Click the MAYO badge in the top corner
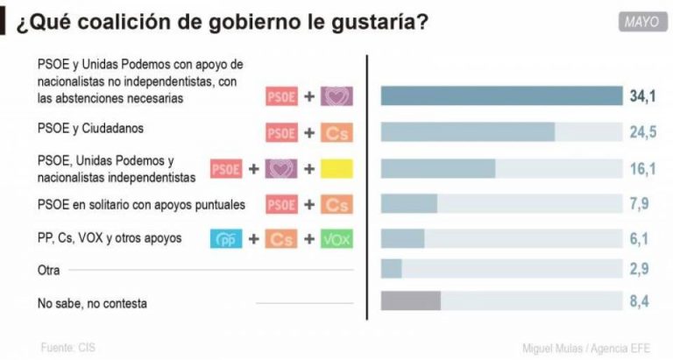tap(641, 22)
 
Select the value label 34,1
tap(642, 95)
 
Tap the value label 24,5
tap(642, 132)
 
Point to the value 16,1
tap(642, 168)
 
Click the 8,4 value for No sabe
tap(642, 301)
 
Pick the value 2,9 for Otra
tap(642, 268)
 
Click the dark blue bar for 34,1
tap(500, 95)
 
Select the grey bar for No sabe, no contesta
tap(410, 301)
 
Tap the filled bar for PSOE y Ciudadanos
tap(467, 132)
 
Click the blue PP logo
tap(226, 238)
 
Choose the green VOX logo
tap(336, 238)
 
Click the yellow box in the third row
tap(336, 169)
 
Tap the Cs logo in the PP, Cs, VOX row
tap(281, 238)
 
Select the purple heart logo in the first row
tap(336, 95)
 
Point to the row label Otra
tap(48, 270)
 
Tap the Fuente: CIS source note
tap(67, 348)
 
